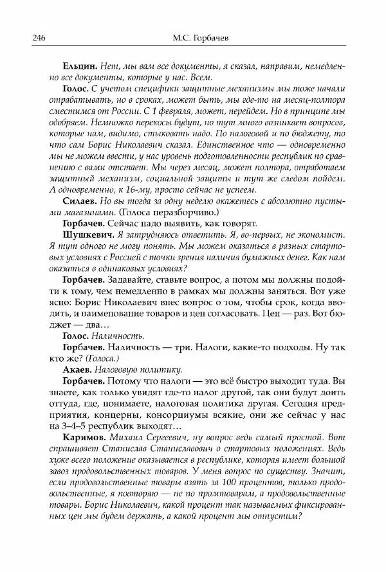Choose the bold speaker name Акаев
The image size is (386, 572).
(x=78, y=370)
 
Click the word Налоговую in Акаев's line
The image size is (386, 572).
(x=117, y=370)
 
